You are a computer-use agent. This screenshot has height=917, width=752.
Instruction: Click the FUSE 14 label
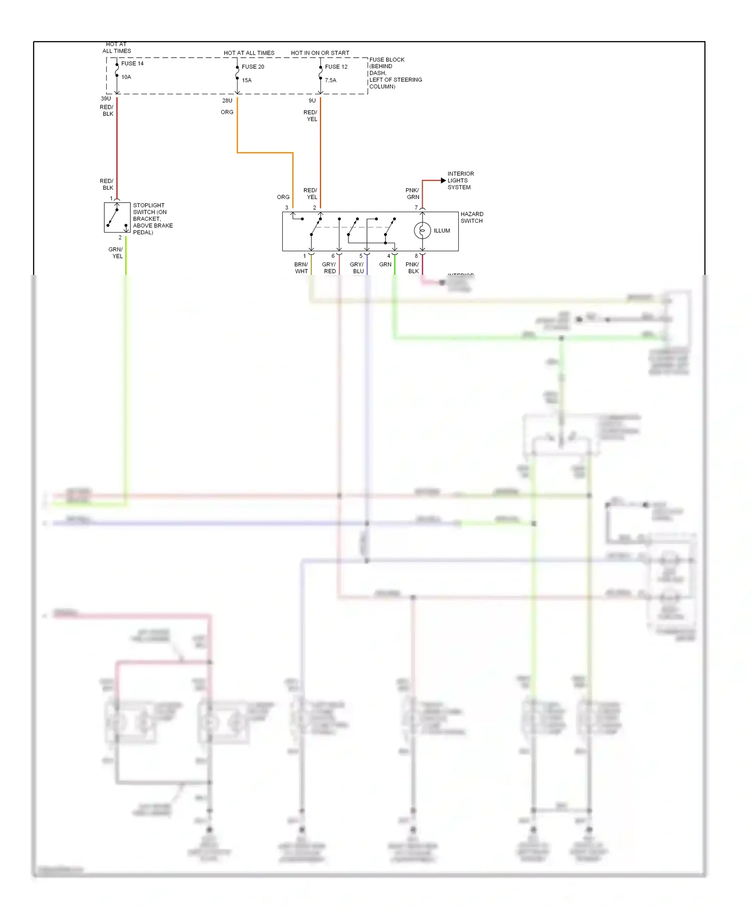(132, 63)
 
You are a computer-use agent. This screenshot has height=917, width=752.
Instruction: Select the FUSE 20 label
(253, 67)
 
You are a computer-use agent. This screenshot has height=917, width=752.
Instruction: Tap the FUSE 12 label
(336, 67)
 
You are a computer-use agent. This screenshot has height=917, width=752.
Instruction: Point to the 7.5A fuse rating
(330, 80)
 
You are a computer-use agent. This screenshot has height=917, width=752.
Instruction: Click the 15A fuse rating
(247, 80)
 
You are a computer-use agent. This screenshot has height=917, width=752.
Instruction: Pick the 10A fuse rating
(126, 77)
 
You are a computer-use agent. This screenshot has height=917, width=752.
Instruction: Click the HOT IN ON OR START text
(320, 53)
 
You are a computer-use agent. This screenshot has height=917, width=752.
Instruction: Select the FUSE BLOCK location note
(395, 73)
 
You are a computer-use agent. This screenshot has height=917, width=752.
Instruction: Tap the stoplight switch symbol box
(117, 218)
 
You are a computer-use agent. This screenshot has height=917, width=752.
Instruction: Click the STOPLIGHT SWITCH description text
(152, 219)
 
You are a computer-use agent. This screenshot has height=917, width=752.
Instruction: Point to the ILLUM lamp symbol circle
(422, 231)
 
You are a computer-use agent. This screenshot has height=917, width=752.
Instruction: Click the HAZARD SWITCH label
(471, 217)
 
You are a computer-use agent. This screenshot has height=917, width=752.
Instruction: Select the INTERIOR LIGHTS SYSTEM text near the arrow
(460, 181)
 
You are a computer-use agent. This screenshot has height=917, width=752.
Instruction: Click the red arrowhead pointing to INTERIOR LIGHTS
(443, 180)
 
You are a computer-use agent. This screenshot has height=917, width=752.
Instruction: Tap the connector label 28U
(227, 100)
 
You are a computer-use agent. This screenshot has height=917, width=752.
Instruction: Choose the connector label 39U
(106, 99)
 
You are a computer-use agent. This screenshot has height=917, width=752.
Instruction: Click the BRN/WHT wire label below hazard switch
(301, 268)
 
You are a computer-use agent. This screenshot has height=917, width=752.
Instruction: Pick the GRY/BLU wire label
(357, 268)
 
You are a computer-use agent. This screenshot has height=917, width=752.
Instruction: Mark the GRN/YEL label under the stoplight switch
(116, 253)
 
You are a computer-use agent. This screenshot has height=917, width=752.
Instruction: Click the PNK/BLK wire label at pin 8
(413, 268)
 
